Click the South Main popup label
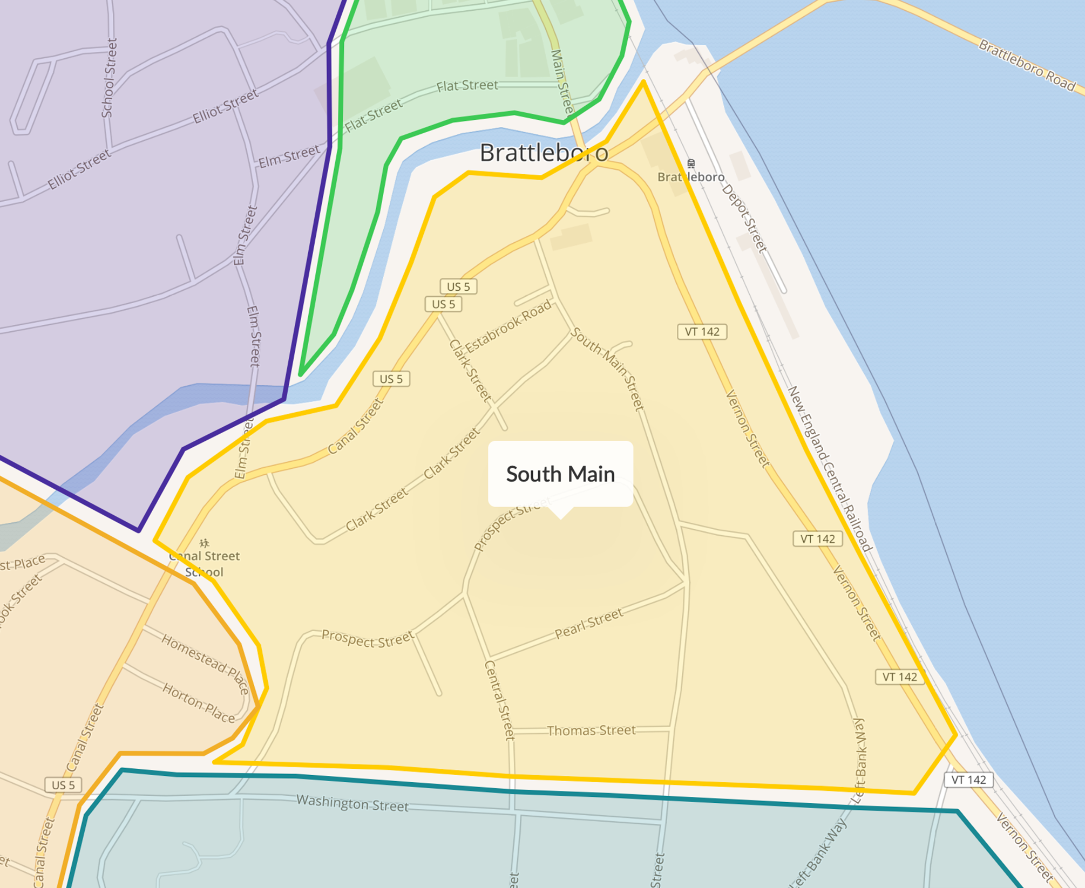coord(560,474)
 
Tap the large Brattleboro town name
coord(544,153)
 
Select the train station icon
coord(691,163)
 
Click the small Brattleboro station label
coord(691,177)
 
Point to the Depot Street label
coord(744,218)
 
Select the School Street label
coord(109,78)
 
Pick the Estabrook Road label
coord(508,326)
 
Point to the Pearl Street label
coord(589,623)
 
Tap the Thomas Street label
coord(591,730)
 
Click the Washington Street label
coord(352,803)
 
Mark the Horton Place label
coord(199,703)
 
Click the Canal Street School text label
coord(204,564)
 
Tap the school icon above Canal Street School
coord(204,543)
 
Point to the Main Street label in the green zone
coord(562,82)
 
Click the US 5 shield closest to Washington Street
coord(63,785)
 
